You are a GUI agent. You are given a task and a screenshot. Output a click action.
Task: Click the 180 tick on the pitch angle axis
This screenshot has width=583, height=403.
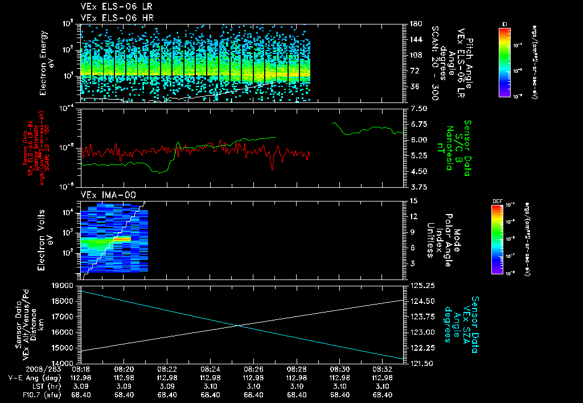point(416,24)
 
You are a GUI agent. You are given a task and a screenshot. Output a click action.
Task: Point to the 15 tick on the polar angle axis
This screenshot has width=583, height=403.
point(414,200)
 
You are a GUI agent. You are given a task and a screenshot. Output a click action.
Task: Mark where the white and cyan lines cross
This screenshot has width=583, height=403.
point(239,325)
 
